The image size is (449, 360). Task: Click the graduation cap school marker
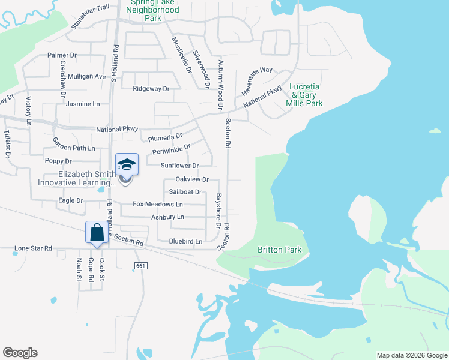coord(127,164)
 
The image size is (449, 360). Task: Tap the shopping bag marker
coord(97,232)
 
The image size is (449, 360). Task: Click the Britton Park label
coord(279,250)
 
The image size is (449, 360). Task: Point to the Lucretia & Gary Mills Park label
coord(306,95)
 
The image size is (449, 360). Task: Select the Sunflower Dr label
coord(179,165)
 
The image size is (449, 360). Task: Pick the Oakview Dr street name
coord(192,179)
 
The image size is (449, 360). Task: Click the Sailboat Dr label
coord(185,192)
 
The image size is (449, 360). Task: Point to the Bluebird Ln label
coord(186,241)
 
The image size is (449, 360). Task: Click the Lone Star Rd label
coord(34,248)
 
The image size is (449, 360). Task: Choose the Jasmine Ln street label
coord(83,104)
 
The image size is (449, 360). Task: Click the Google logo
coord(20,353)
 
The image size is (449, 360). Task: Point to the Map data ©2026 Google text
coord(411,355)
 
